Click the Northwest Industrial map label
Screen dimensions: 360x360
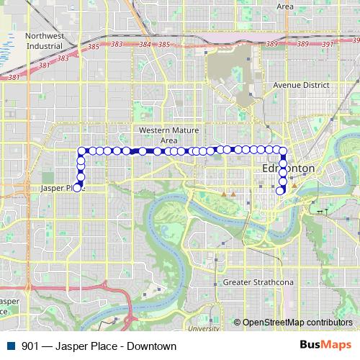pyautogui.click(x=45, y=42)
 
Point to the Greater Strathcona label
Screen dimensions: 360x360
pyautogui.click(x=257, y=282)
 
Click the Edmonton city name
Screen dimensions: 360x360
pyautogui.click(x=288, y=168)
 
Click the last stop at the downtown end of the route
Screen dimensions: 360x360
pyautogui.click(x=281, y=191)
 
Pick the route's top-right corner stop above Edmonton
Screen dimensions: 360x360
pyautogui.click(x=283, y=152)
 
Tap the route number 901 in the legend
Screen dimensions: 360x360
pyautogui.click(x=31, y=346)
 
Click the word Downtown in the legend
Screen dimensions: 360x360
pyautogui.click(x=152, y=346)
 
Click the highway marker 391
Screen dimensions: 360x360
pyautogui.click(x=327, y=45)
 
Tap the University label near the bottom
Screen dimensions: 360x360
pyautogui.click(x=206, y=328)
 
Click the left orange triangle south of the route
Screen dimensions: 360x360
pyautogui.click(x=225, y=194)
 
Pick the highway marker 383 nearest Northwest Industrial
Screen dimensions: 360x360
pyautogui.click(x=66, y=55)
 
